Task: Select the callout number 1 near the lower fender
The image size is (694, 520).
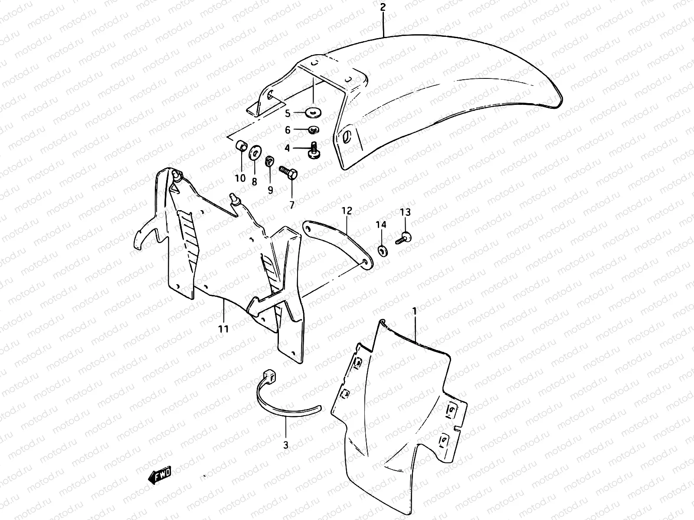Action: click(415, 311)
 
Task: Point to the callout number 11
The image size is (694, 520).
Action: click(223, 329)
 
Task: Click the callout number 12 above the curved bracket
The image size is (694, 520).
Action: click(347, 211)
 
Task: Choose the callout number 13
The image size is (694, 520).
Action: click(405, 212)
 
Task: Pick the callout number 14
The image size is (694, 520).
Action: click(381, 224)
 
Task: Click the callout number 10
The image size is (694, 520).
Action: click(240, 178)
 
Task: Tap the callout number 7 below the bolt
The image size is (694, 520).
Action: click(291, 205)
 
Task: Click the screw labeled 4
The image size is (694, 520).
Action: click(313, 150)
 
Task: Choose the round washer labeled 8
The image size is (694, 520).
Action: click(254, 152)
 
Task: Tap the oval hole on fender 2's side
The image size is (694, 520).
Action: click(346, 137)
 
